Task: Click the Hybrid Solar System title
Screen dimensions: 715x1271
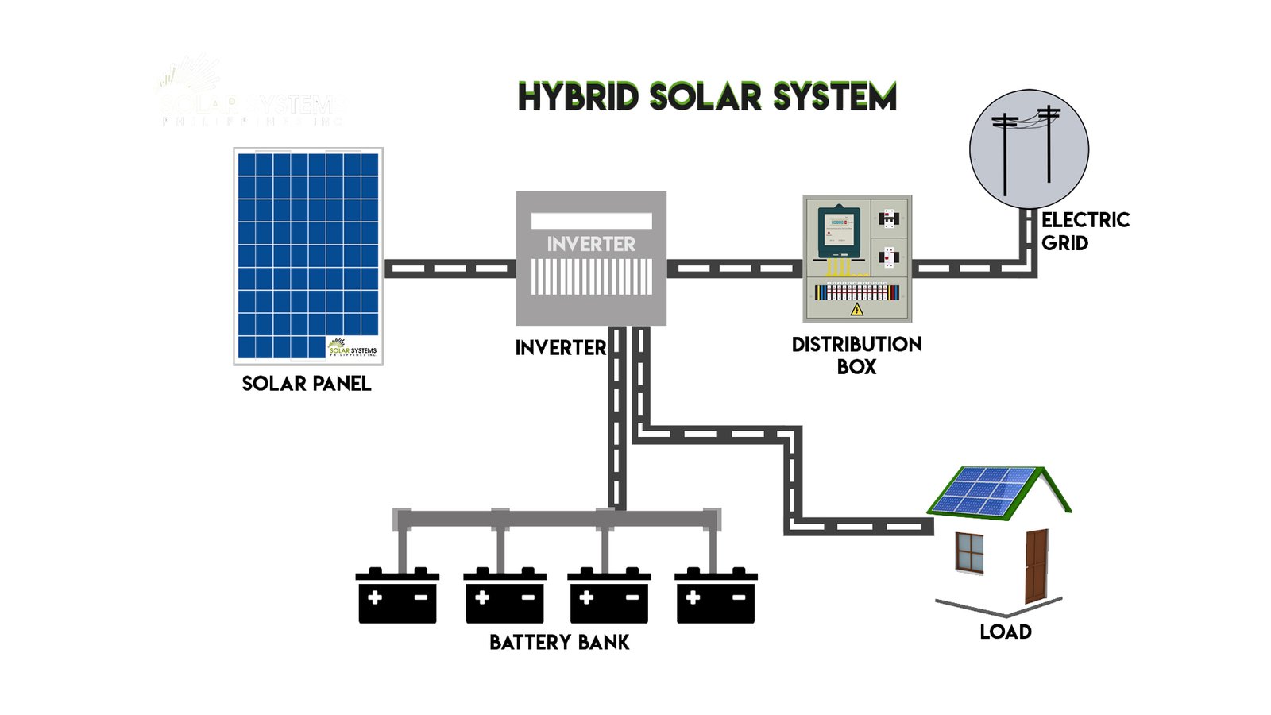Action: pyautogui.click(x=707, y=97)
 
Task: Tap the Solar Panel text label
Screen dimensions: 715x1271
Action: pyautogui.click(x=307, y=384)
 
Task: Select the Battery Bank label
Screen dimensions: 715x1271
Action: pyautogui.click(x=559, y=642)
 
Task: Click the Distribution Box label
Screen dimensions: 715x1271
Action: pyautogui.click(x=856, y=355)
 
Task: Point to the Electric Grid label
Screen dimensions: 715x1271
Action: pyautogui.click(x=1085, y=231)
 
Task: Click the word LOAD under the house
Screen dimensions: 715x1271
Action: pyautogui.click(x=1006, y=632)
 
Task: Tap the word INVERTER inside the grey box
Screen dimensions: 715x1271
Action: pyautogui.click(x=591, y=244)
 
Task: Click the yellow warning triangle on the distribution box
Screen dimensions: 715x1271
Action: pyautogui.click(x=857, y=309)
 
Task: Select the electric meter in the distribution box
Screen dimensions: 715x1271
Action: pyautogui.click(x=839, y=230)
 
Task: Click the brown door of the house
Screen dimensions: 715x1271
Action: pyautogui.click(x=1036, y=566)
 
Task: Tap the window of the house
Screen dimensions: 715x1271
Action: pyautogui.click(x=969, y=552)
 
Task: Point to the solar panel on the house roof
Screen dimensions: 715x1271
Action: pyautogui.click(x=983, y=489)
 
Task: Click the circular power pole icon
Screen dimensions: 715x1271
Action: pyautogui.click(x=1029, y=149)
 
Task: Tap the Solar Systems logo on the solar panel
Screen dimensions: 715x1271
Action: pyautogui.click(x=353, y=349)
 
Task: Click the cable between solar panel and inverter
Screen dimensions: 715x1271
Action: pyautogui.click(x=450, y=269)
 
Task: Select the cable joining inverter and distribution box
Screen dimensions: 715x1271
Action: pyautogui.click(x=734, y=269)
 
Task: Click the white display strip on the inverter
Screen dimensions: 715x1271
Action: pyautogui.click(x=591, y=221)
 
